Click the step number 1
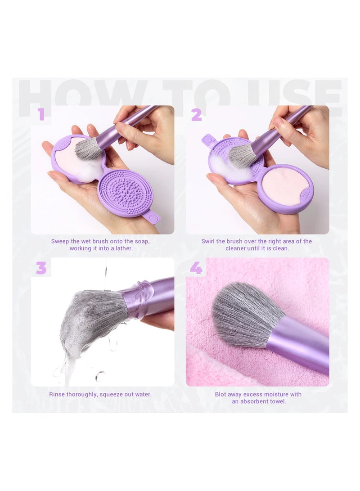[41, 114]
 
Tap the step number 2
[196, 115]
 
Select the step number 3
[41, 268]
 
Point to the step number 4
[196, 268]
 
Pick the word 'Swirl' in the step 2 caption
[210, 241]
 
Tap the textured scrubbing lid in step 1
[125, 194]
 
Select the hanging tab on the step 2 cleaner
[208, 140]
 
